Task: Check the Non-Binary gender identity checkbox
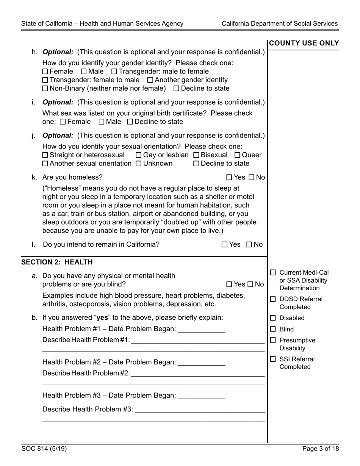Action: [x=45, y=89]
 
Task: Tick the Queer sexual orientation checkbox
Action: [x=238, y=155]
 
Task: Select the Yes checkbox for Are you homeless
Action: [x=229, y=177]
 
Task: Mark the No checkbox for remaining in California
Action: [x=249, y=245]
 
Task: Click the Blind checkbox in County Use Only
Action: [x=273, y=329]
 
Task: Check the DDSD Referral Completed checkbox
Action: [x=273, y=299]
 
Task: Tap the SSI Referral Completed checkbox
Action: [x=273, y=359]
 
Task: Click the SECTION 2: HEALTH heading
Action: [x=57, y=262]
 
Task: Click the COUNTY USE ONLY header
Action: [x=304, y=43]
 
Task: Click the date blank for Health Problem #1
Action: [x=201, y=330]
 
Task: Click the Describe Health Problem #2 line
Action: [x=197, y=374]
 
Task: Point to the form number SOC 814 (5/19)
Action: [x=44, y=449]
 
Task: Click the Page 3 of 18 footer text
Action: [x=321, y=449]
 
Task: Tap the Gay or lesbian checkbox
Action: [x=138, y=155]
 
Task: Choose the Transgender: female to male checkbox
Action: [x=45, y=80]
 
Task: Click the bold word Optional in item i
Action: [x=58, y=102]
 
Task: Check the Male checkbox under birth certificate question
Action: [x=102, y=122]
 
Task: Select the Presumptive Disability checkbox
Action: [x=273, y=340]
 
